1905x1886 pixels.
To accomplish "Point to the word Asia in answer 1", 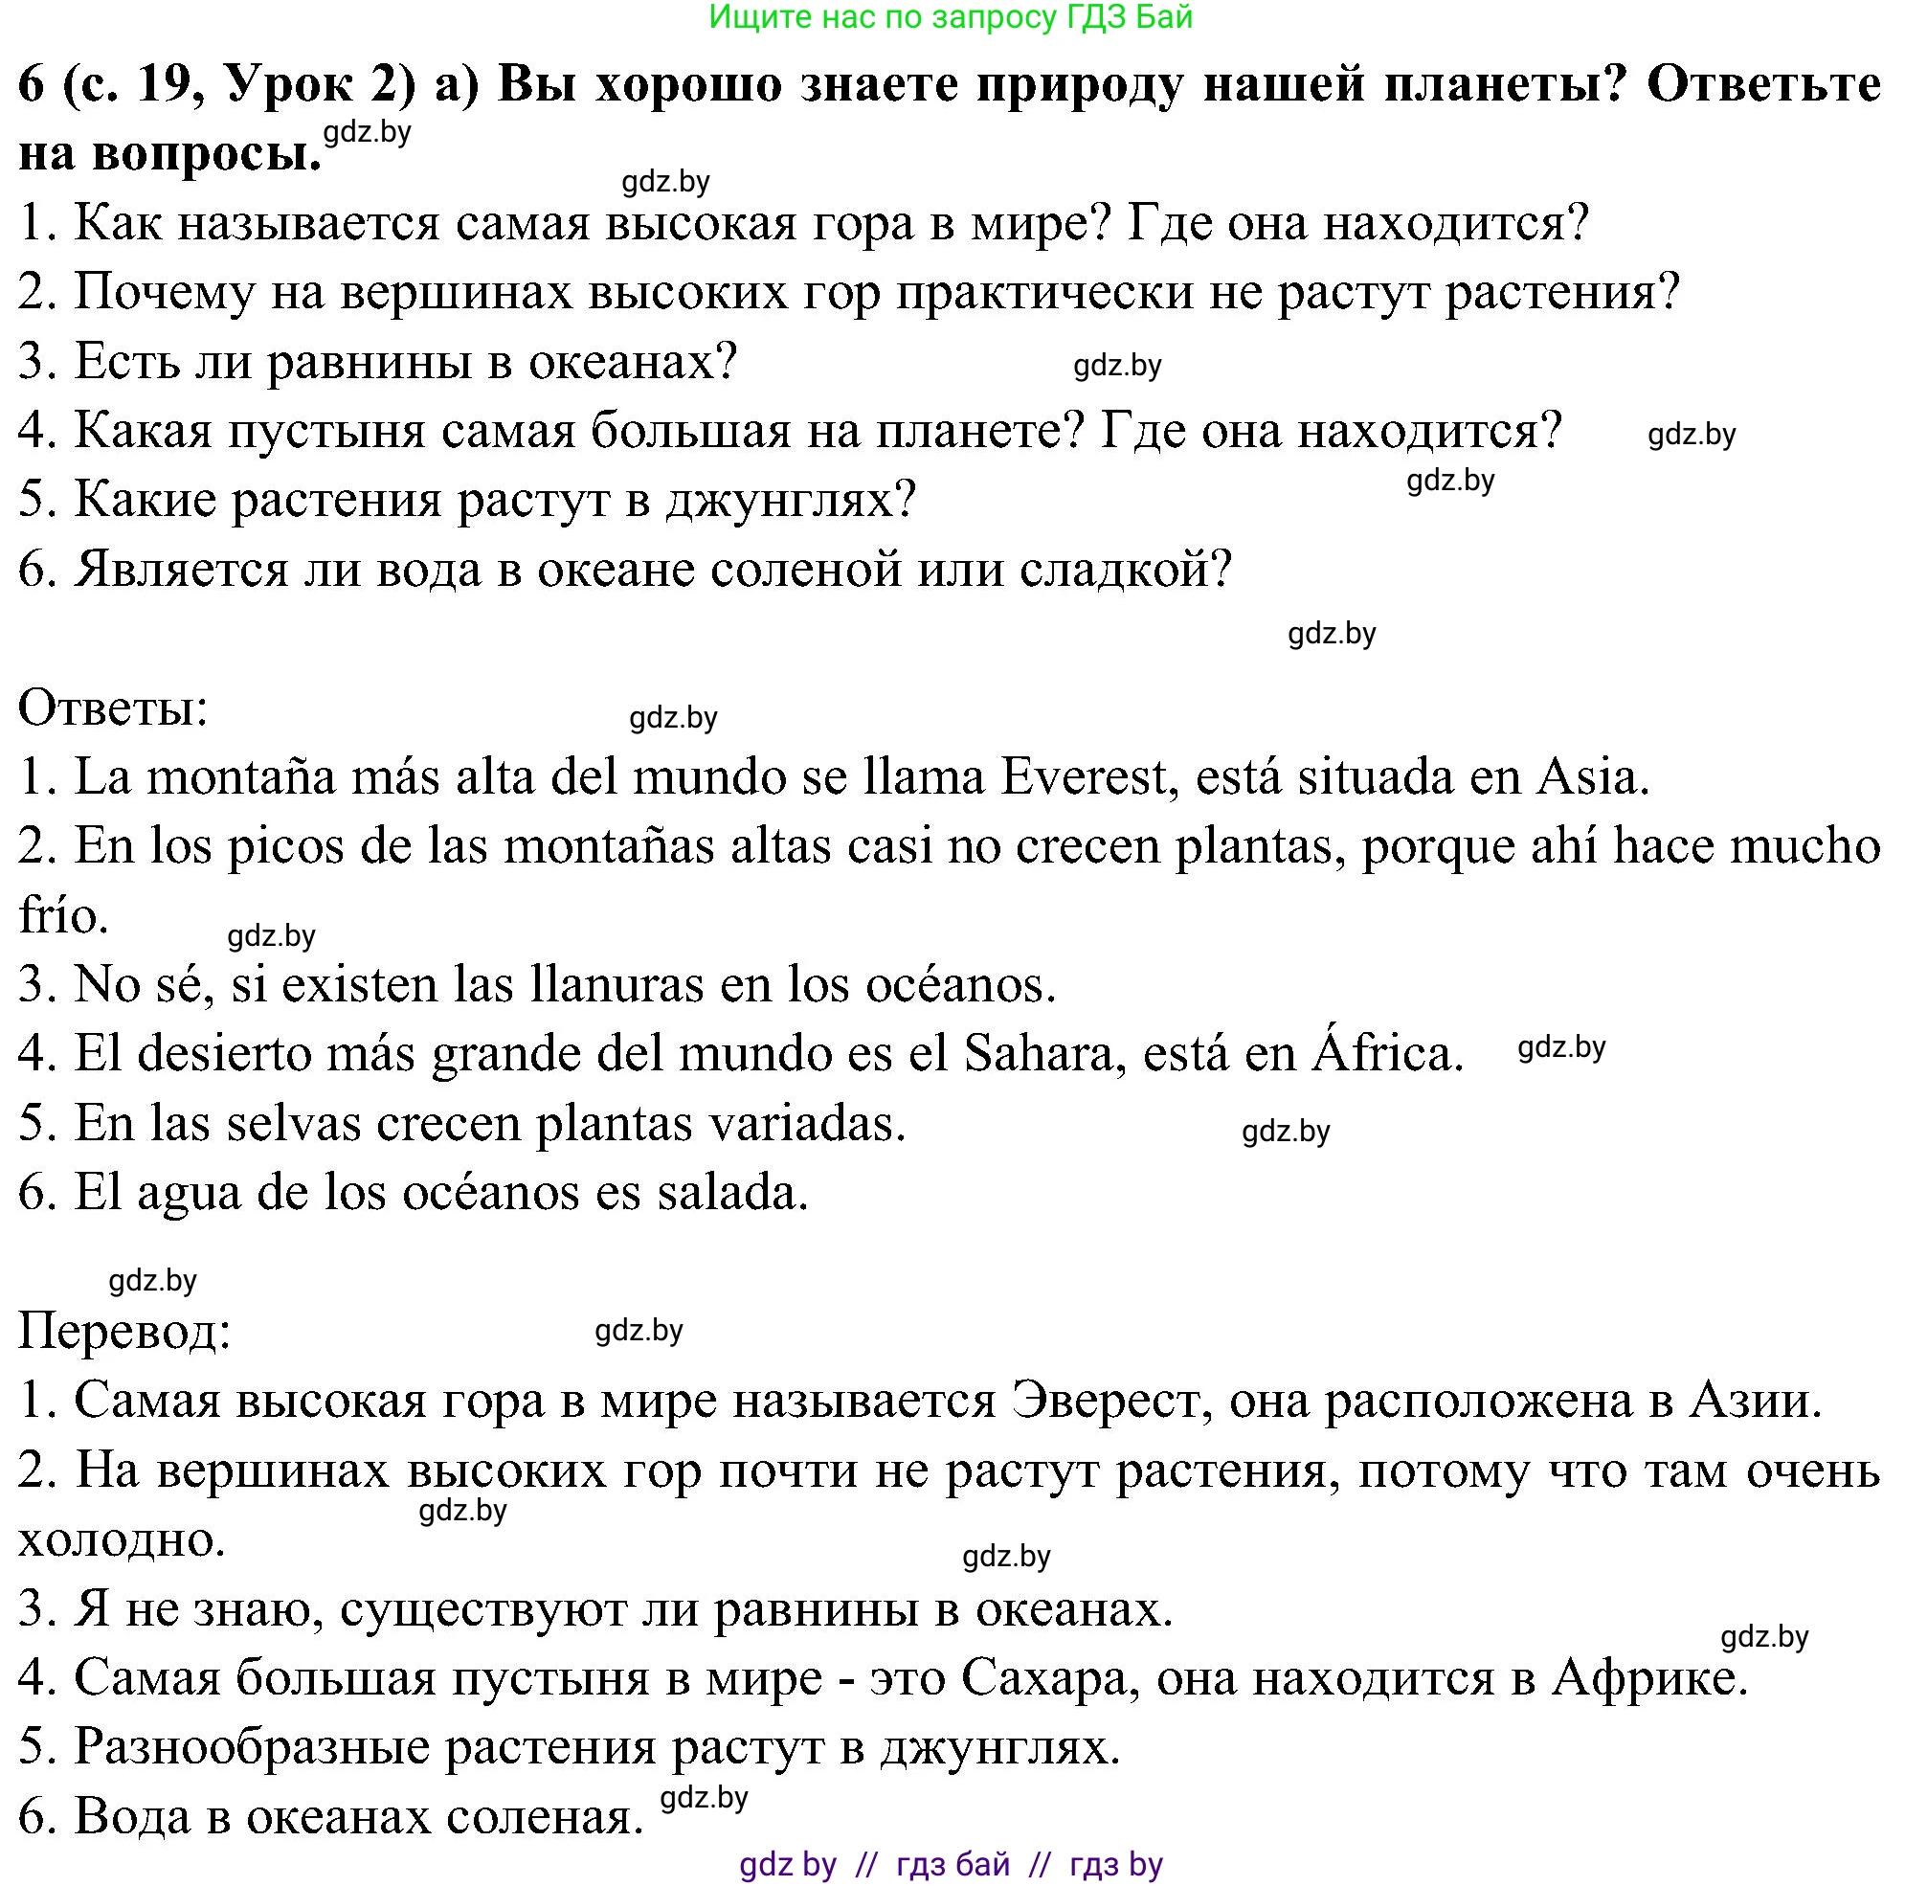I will (x=1592, y=778).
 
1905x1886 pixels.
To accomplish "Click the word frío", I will (x=63, y=916).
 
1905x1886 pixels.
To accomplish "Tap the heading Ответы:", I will (x=113, y=708).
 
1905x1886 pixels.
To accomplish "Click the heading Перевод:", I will (x=124, y=1331).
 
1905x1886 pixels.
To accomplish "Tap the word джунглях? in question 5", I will (x=791, y=501).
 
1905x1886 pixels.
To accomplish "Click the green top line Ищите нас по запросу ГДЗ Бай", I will (x=951, y=17).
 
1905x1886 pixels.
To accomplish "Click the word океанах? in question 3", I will (x=633, y=362).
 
